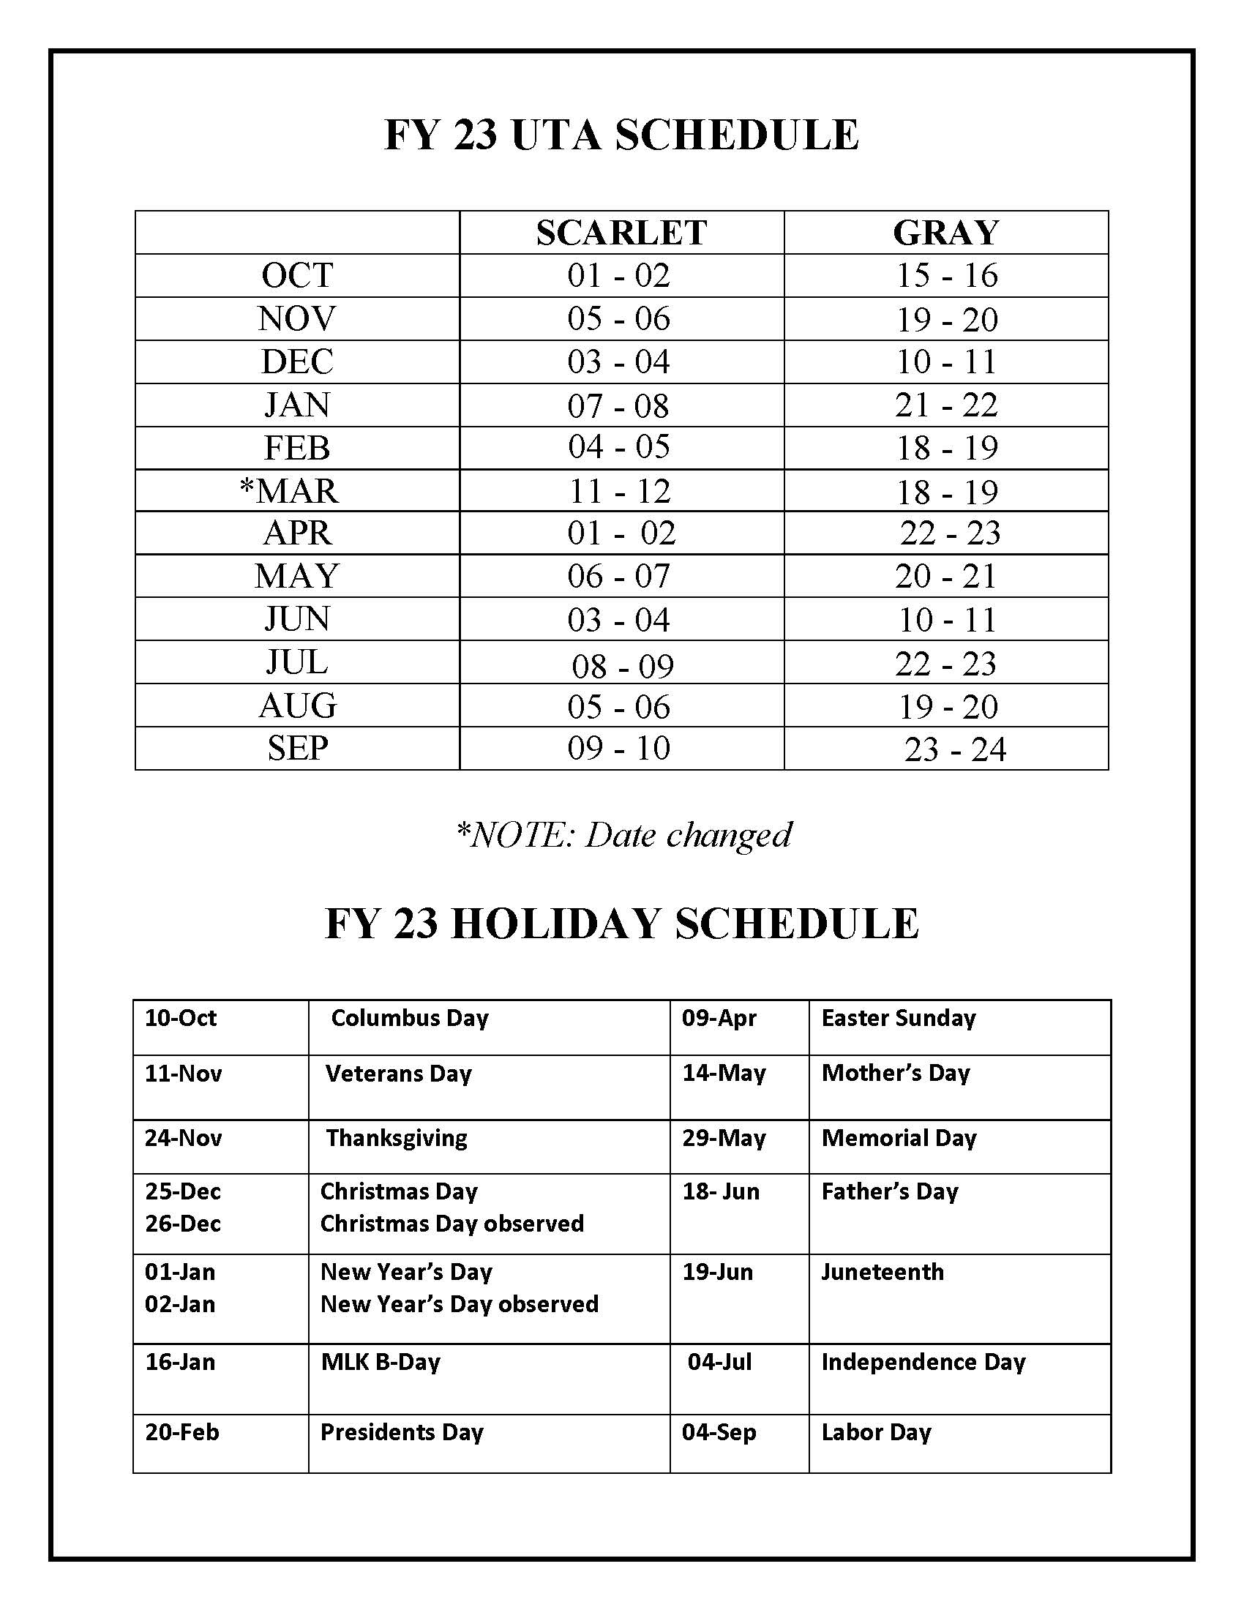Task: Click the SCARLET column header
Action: (x=621, y=233)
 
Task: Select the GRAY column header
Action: (x=945, y=233)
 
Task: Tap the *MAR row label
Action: (x=290, y=491)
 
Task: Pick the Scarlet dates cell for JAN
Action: (x=618, y=405)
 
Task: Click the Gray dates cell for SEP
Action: (x=954, y=749)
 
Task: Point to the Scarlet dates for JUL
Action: (x=623, y=666)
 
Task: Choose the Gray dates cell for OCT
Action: (x=946, y=276)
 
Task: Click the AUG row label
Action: (x=298, y=705)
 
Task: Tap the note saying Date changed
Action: (x=623, y=834)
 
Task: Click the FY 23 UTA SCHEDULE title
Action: (x=621, y=135)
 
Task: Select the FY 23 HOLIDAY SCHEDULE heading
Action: (x=621, y=923)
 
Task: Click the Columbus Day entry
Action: (x=410, y=1018)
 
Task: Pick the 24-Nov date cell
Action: (x=183, y=1137)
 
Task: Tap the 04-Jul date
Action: (x=719, y=1362)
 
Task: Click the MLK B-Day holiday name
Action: (x=381, y=1362)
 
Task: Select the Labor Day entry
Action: (x=876, y=1432)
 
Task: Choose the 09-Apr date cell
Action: (x=719, y=1018)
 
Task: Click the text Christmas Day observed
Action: (x=451, y=1224)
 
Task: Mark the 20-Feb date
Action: (x=182, y=1432)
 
